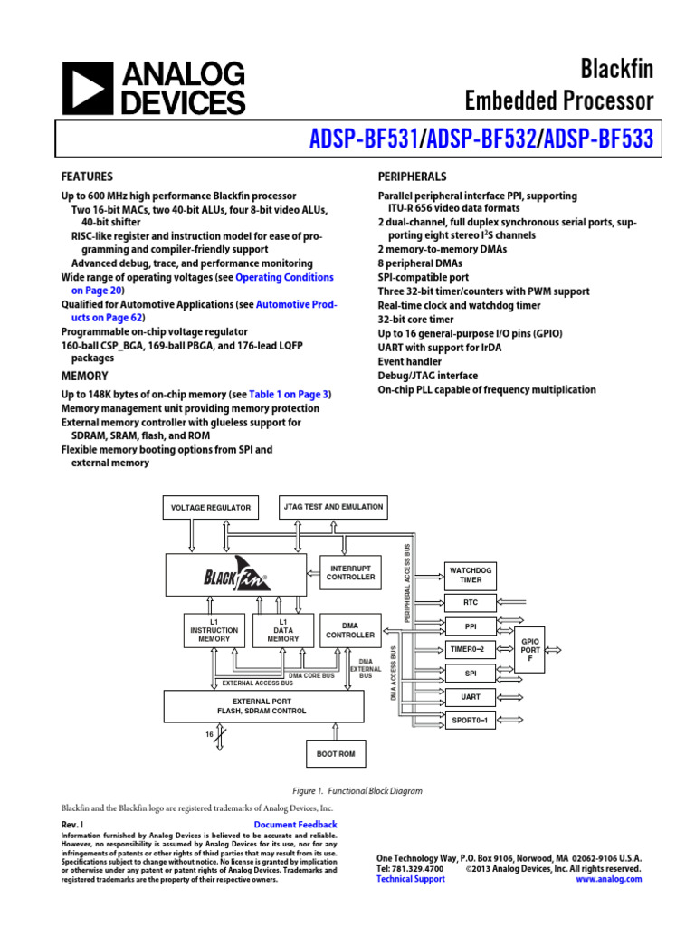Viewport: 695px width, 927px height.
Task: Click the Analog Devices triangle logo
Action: point(88,90)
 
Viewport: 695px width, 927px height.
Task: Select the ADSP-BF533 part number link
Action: point(598,140)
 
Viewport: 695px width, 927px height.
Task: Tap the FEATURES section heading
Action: point(87,177)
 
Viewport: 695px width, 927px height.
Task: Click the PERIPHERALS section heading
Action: point(412,177)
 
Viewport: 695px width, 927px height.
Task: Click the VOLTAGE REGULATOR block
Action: point(211,508)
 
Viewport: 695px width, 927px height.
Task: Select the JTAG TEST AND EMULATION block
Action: point(332,507)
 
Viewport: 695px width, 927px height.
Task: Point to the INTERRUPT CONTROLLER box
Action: point(349,571)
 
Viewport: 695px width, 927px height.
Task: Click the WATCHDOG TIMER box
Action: point(471,574)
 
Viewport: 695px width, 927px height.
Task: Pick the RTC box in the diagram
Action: point(471,602)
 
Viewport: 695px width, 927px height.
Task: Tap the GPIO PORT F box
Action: point(529,649)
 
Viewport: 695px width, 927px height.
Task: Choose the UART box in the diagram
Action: point(471,697)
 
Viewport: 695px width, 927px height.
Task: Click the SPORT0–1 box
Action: point(471,721)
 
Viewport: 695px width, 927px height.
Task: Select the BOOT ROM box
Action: point(336,753)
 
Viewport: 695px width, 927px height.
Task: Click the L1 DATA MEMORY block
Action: point(282,631)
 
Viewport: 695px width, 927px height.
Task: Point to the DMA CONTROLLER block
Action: point(349,631)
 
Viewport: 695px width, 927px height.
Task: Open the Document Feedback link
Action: point(295,825)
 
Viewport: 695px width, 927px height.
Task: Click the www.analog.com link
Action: point(608,879)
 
